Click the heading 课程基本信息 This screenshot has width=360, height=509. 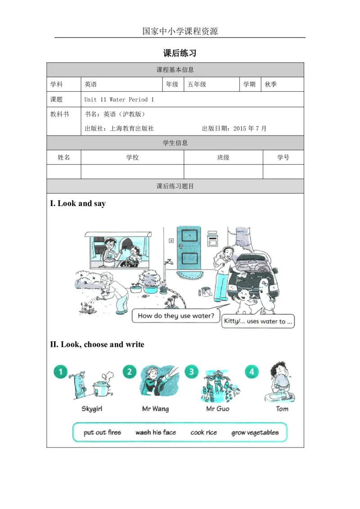click(175, 70)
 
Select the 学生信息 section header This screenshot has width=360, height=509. click(175, 143)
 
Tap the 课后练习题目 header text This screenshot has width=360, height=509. click(175, 186)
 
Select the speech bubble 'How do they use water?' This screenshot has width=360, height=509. click(176, 316)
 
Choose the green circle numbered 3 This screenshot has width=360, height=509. click(192, 372)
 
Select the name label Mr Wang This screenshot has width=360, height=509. click(155, 409)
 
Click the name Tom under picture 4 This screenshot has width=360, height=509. click(282, 409)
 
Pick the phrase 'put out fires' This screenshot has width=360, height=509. click(102, 433)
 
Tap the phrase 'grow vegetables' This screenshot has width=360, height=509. click(255, 433)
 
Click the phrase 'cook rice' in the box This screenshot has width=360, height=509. click(203, 433)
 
